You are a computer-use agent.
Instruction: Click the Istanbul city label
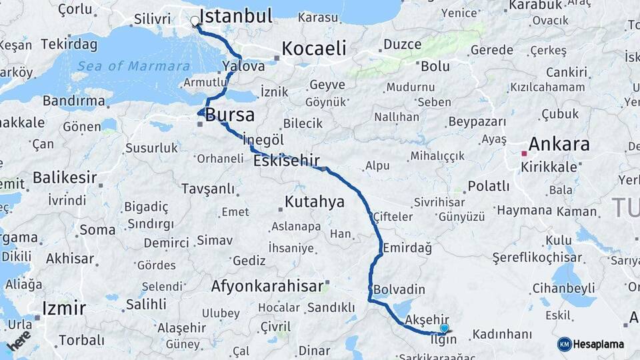236,16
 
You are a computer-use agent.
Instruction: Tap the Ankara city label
559,144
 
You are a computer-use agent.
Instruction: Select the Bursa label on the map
230,115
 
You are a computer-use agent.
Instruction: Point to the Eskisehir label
287,161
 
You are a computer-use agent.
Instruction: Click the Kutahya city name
314,201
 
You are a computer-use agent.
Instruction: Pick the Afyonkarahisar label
267,287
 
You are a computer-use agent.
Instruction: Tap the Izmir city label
64,308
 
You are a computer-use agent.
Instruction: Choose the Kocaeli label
314,48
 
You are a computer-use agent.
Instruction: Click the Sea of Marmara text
133,66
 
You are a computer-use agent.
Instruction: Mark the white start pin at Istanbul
195,21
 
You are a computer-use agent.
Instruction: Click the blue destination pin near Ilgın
444,328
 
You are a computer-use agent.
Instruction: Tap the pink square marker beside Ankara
524,153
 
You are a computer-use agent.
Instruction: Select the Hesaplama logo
591,344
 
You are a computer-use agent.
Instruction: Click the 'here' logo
19,341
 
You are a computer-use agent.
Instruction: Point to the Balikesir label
65,178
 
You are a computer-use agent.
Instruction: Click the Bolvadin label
399,289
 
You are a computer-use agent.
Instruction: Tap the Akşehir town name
427,319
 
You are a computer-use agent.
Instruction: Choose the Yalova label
244,66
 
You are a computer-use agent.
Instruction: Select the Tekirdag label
69,45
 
